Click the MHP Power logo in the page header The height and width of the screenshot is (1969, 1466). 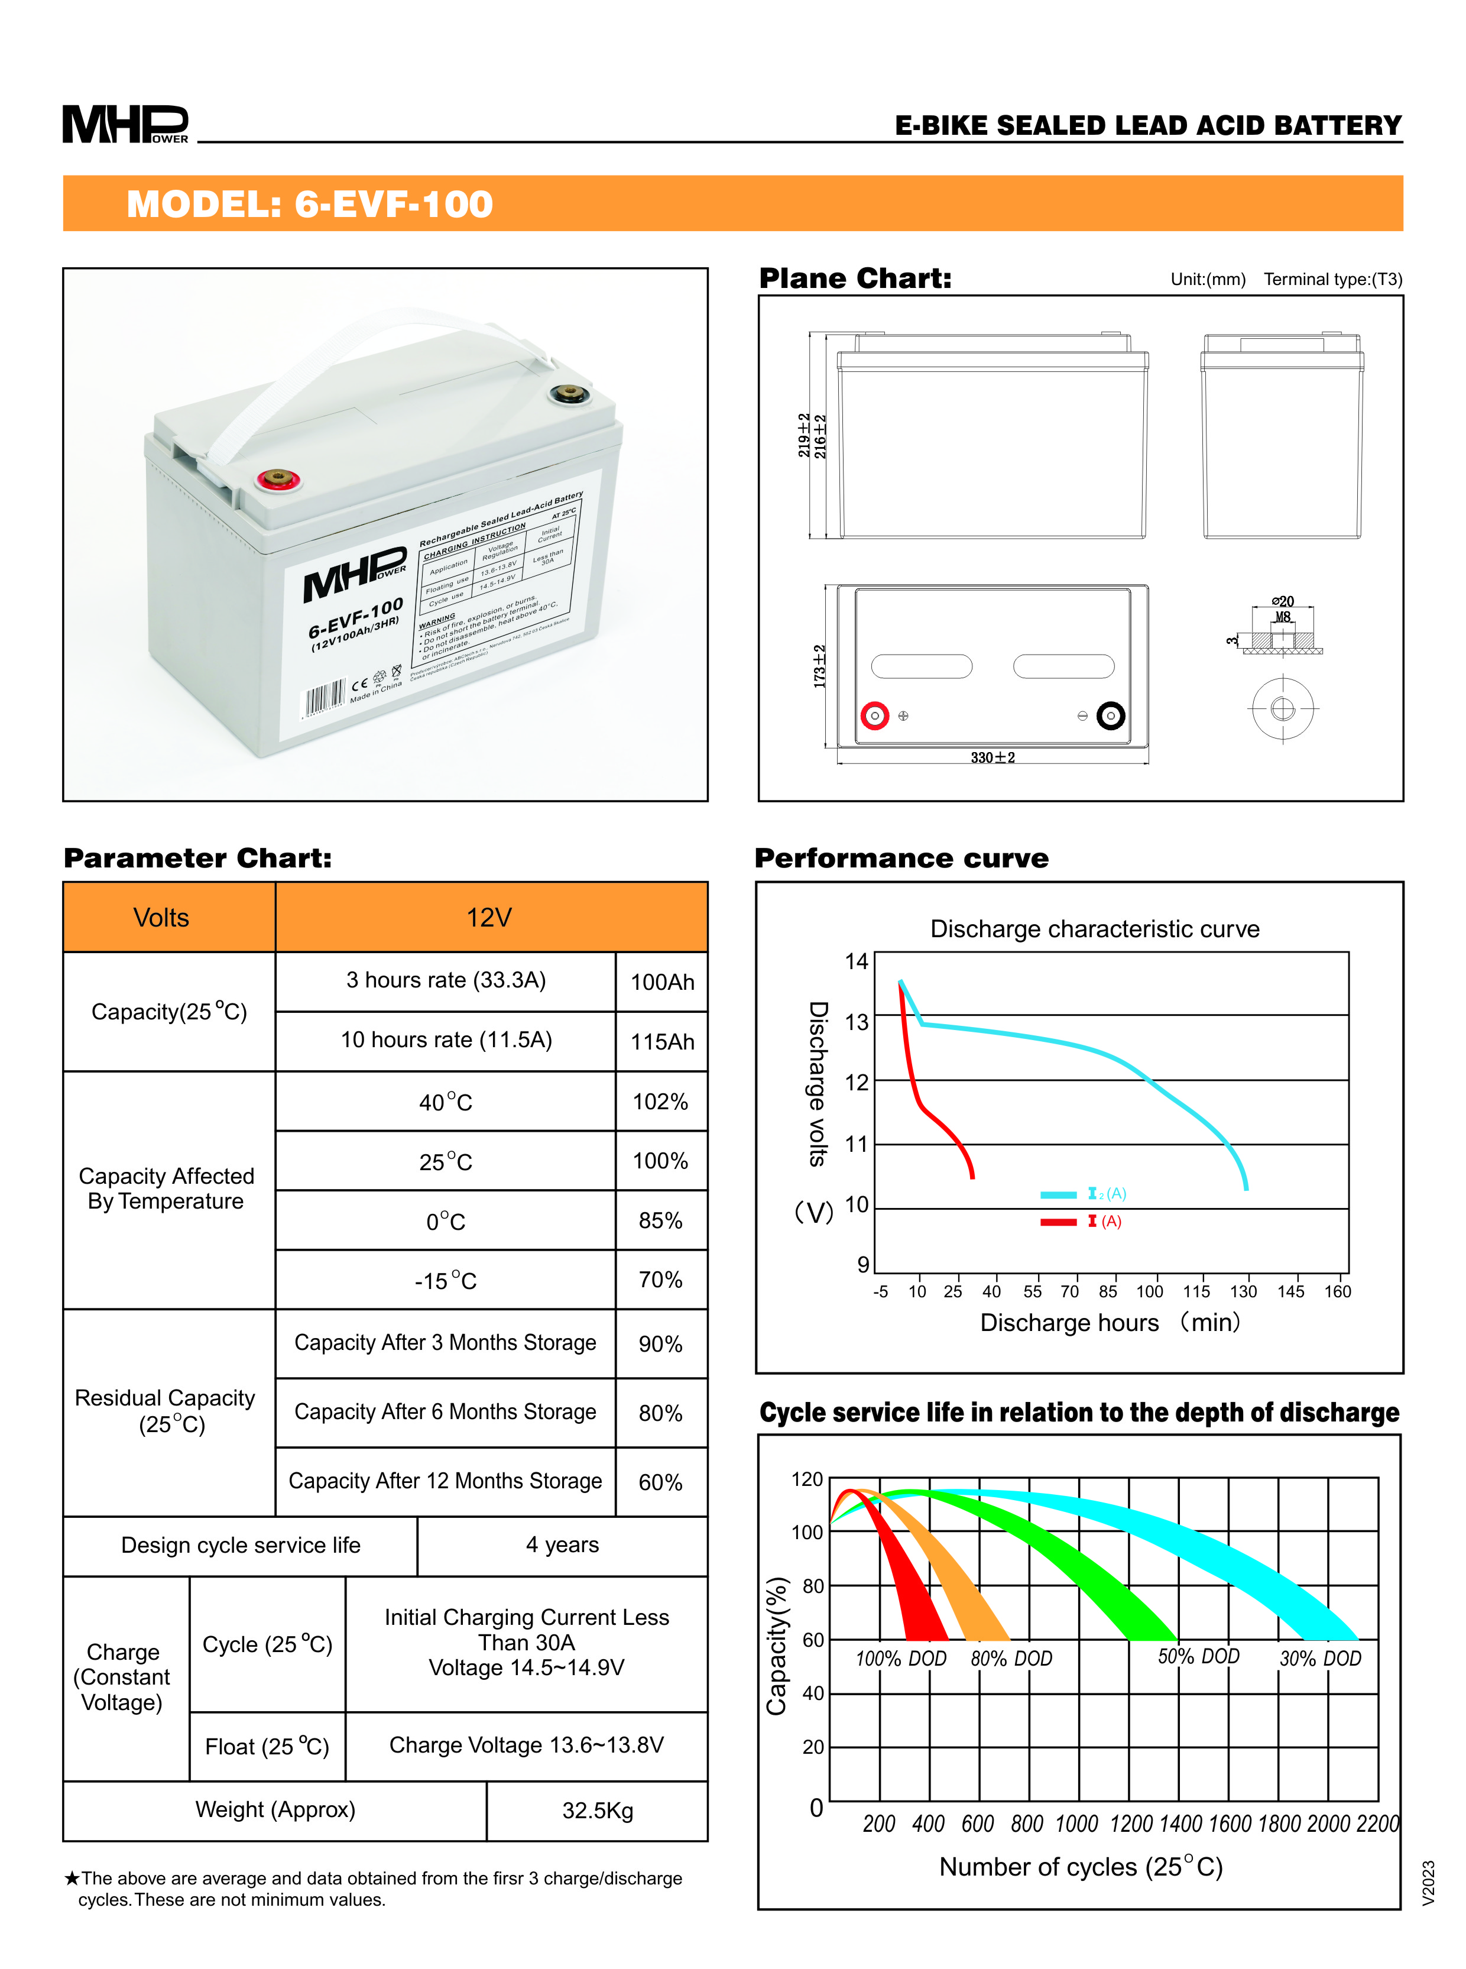pos(125,124)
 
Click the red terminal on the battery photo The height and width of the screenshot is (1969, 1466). pos(278,480)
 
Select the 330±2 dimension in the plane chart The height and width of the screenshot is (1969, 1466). pos(992,757)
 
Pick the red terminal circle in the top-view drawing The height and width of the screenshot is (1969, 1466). pos(875,715)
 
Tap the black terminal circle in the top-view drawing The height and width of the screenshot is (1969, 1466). pos(1110,715)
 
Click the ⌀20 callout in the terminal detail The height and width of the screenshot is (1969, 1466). pos(1282,601)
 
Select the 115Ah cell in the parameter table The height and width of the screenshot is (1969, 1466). pos(662,1041)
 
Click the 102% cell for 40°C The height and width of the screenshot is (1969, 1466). pos(660,1102)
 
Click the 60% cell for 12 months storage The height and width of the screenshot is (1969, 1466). pos(660,1482)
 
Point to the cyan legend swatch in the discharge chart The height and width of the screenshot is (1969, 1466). pos(1058,1194)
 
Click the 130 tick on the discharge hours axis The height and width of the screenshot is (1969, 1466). pos(1243,1291)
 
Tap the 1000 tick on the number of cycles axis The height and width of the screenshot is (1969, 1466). pos(1076,1824)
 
